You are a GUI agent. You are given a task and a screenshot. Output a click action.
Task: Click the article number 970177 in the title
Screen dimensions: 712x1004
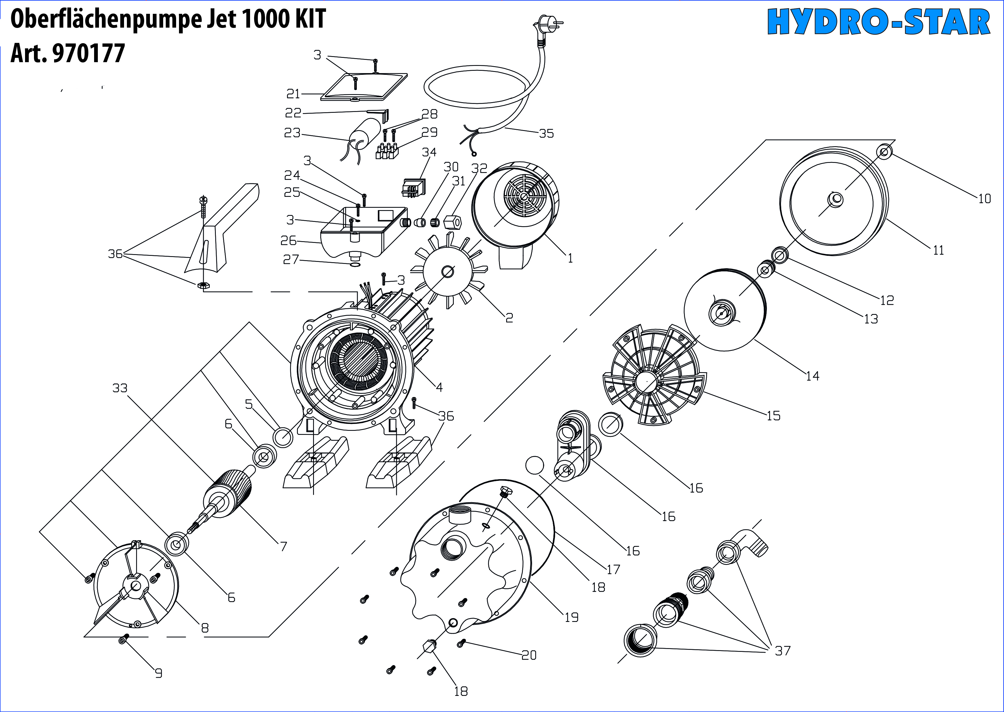click(x=88, y=54)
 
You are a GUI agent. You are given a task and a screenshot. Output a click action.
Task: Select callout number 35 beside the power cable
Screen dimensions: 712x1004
click(x=546, y=133)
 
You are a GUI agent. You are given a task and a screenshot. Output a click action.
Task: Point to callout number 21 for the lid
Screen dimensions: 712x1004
click(x=293, y=94)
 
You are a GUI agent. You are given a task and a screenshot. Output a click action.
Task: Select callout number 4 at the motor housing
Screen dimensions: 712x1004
click(x=439, y=387)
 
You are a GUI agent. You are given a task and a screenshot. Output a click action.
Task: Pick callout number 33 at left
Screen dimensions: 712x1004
click(x=120, y=388)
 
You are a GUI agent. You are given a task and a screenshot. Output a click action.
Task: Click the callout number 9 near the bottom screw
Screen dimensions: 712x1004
click(x=159, y=673)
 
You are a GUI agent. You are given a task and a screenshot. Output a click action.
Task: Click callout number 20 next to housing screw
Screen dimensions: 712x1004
click(x=529, y=655)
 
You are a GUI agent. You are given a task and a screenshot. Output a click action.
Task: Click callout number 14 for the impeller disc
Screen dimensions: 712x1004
click(x=812, y=376)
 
